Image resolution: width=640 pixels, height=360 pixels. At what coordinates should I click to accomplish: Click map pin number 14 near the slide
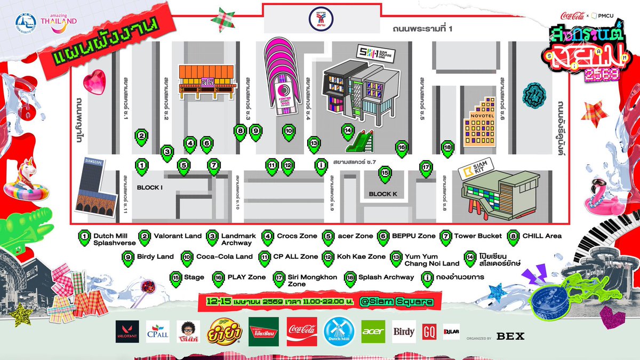click(x=348, y=130)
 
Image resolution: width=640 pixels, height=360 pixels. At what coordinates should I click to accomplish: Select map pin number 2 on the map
click(x=141, y=136)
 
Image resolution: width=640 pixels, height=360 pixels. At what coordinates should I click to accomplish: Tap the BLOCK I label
click(x=149, y=188)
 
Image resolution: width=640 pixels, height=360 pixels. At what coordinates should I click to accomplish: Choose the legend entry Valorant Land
click(x=178, y=236)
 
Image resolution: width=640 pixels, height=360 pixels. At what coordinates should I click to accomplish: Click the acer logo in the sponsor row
click(x=373, y=332)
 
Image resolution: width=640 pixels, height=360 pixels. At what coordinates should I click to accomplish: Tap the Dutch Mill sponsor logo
click(x=339, y=332)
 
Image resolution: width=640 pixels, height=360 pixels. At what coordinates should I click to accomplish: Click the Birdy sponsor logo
click(x=404, y=332)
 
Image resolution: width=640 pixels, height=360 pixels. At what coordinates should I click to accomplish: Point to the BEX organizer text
click(x=510, y=336)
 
